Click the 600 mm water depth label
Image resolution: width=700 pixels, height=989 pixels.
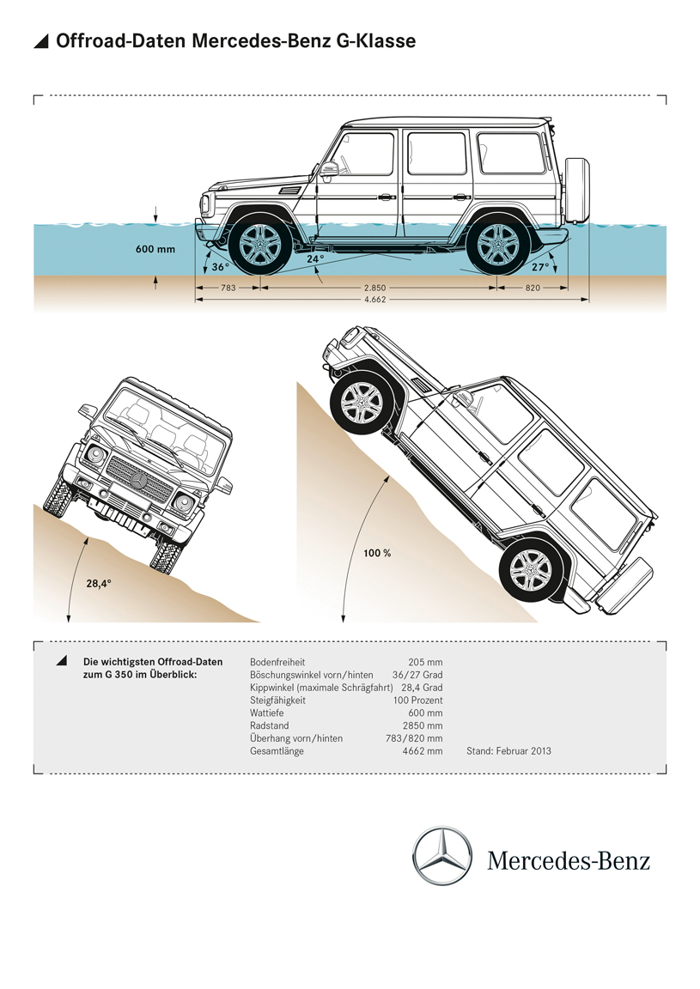tap(155, 250)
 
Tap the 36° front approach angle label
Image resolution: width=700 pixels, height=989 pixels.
tap(221, 267)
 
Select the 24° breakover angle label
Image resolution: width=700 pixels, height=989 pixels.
tap(315, 258)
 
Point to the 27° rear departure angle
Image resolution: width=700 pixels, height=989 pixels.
tap(539, 267)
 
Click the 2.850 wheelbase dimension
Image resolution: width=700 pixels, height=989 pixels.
tap(374, 288)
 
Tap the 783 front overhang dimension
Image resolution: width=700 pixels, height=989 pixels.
tap(228, 288)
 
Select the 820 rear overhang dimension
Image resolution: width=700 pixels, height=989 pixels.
tap(533, 288)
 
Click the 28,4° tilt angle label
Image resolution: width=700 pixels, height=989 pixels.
tap(98, 583)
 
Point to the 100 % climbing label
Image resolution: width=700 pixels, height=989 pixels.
tap(377, 554)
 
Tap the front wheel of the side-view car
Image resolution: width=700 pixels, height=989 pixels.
tap(259, 246)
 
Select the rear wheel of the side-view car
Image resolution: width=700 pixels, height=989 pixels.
tap(493, 246)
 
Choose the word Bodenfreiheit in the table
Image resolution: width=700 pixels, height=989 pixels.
tap(277, 662)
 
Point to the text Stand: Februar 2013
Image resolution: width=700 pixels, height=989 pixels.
tap(508, 751)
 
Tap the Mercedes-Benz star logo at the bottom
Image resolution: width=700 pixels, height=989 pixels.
tap(442, 856)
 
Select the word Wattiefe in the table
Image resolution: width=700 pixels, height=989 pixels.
tap(269, 713)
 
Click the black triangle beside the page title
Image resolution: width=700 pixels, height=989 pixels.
tap(40, 41)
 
